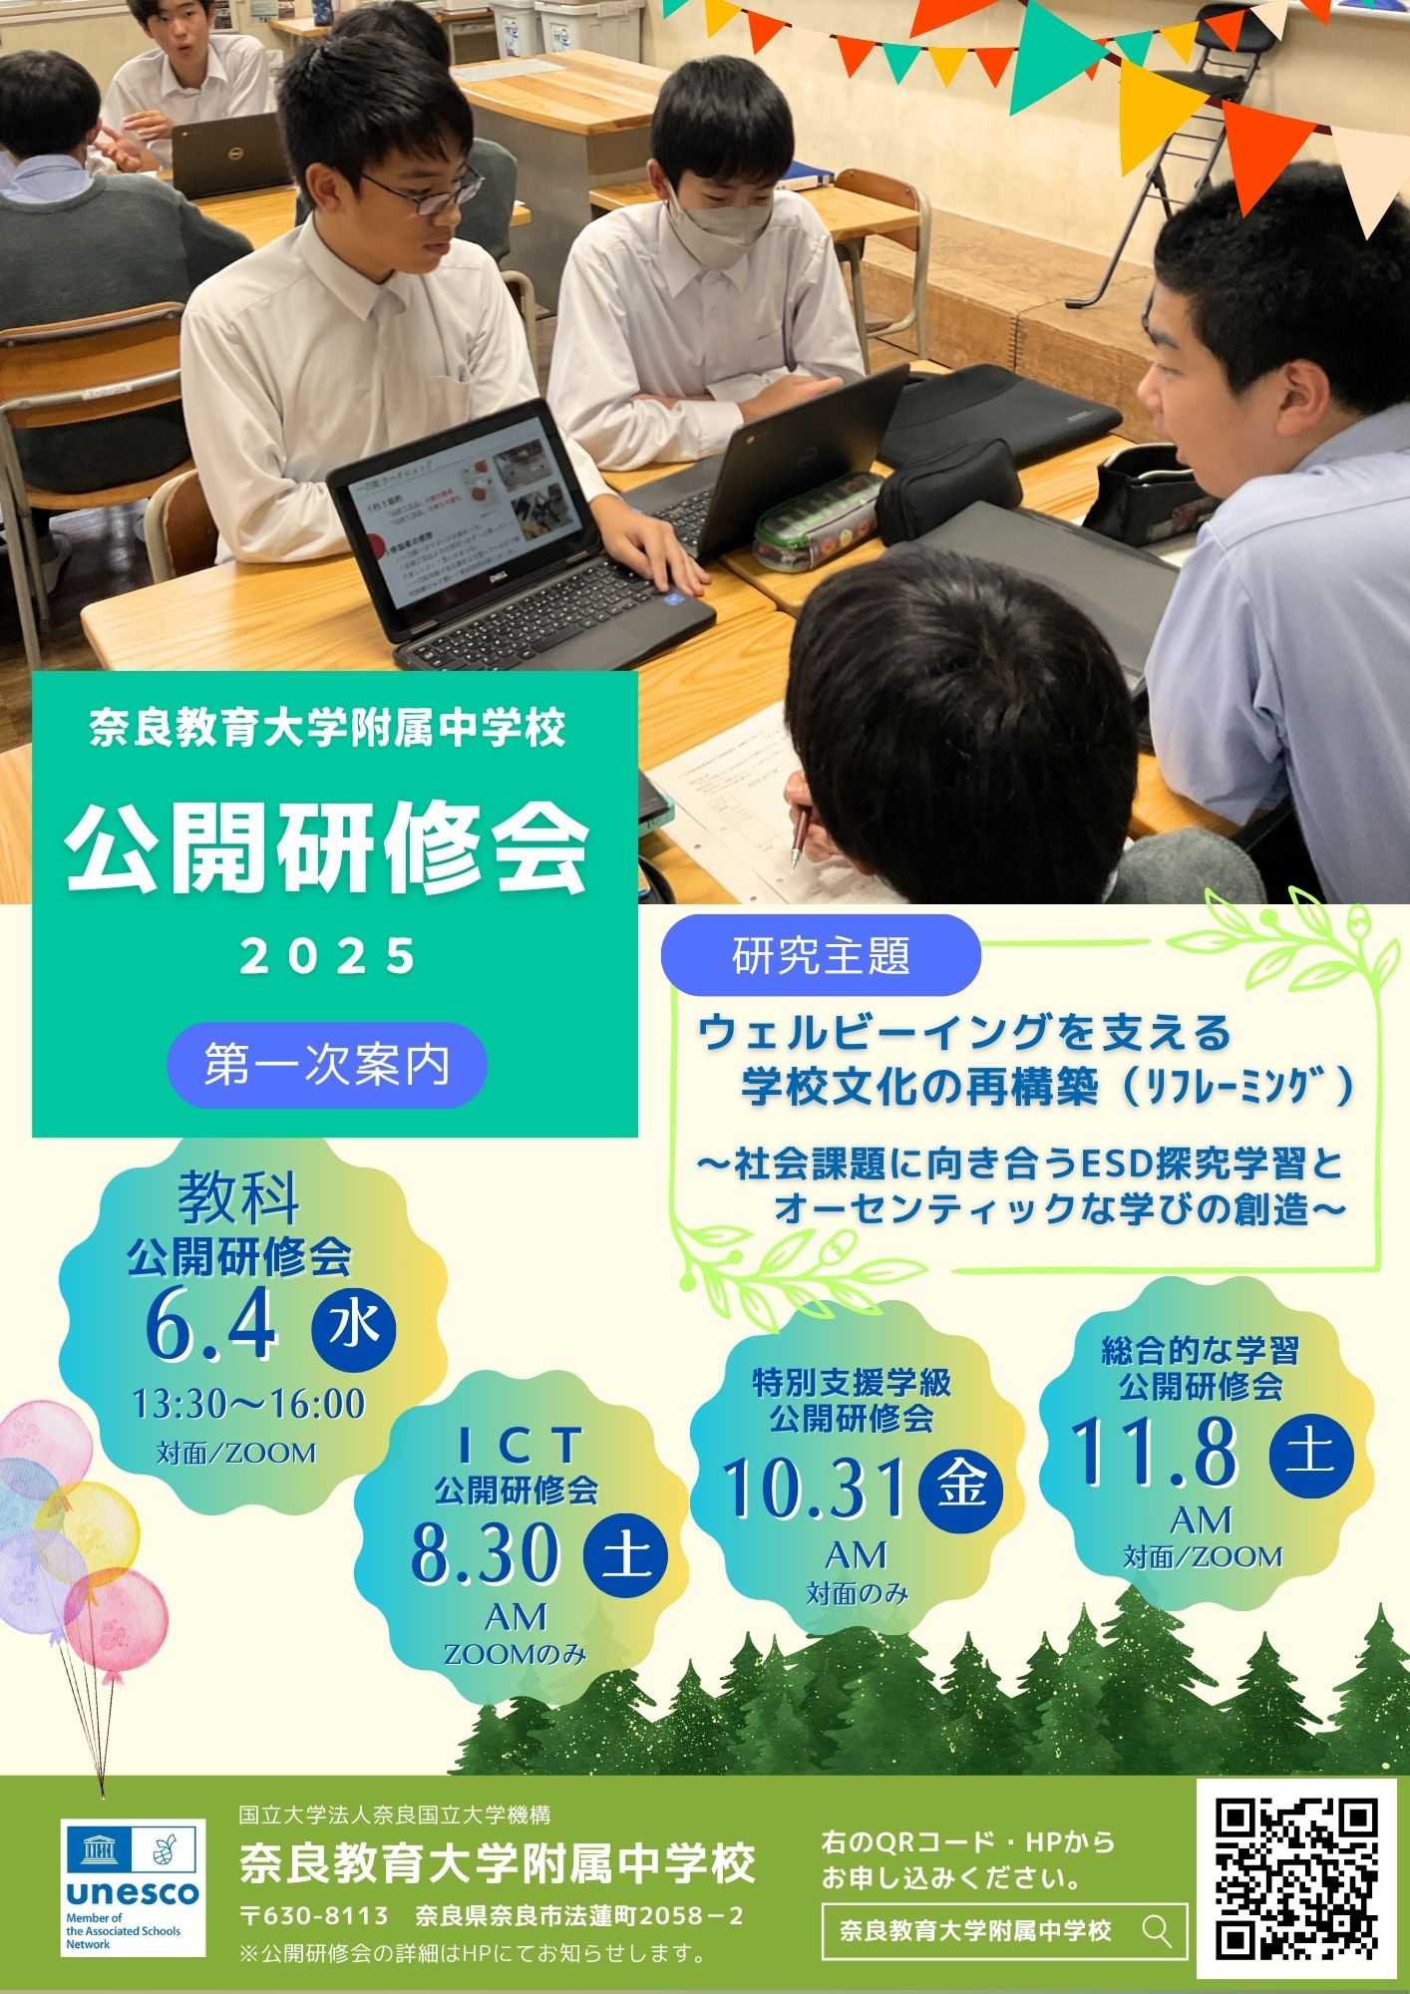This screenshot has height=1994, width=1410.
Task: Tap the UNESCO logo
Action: pos(133,1887)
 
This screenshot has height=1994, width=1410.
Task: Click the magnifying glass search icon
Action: pos(1157,1931)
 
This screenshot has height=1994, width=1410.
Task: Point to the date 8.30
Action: pos(485,1551)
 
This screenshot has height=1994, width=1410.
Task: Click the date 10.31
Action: pos(815,1487)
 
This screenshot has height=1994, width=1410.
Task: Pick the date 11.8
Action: pos(1154,1451)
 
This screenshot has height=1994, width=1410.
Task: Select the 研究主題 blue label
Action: pos(821,955)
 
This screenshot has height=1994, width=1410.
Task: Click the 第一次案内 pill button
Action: pos(327,1065)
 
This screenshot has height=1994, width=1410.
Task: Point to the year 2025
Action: pos(329,956)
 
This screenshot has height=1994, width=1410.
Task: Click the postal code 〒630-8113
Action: pos(315,1915)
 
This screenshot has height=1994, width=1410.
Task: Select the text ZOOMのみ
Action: pos(516,1654)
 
